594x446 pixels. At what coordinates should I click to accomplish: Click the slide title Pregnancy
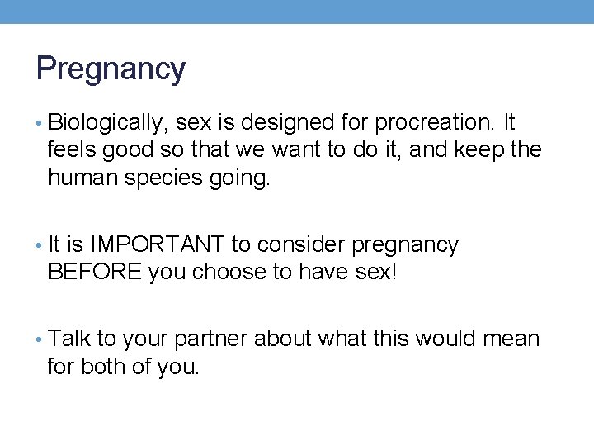click(111, 69)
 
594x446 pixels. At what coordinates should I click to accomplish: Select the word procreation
click(434, 124)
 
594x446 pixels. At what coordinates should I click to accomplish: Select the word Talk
click(69, 339)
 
